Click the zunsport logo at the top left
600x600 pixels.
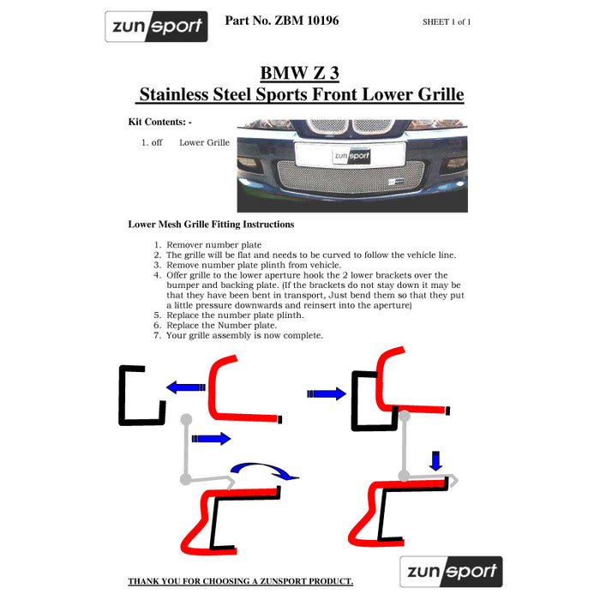156,27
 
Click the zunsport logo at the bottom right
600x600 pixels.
450,571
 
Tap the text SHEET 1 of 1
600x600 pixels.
447,22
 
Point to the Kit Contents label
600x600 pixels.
159,122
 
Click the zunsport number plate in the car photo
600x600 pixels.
351,156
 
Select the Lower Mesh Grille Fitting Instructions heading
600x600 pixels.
211,225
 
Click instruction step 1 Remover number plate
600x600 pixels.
213,245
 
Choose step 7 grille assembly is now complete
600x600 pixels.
244,335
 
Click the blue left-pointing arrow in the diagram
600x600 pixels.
184,387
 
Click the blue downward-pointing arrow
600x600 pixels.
435,461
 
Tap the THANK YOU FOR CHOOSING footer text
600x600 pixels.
240,581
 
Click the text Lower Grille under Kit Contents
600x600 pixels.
204,142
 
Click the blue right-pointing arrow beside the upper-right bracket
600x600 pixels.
326,393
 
